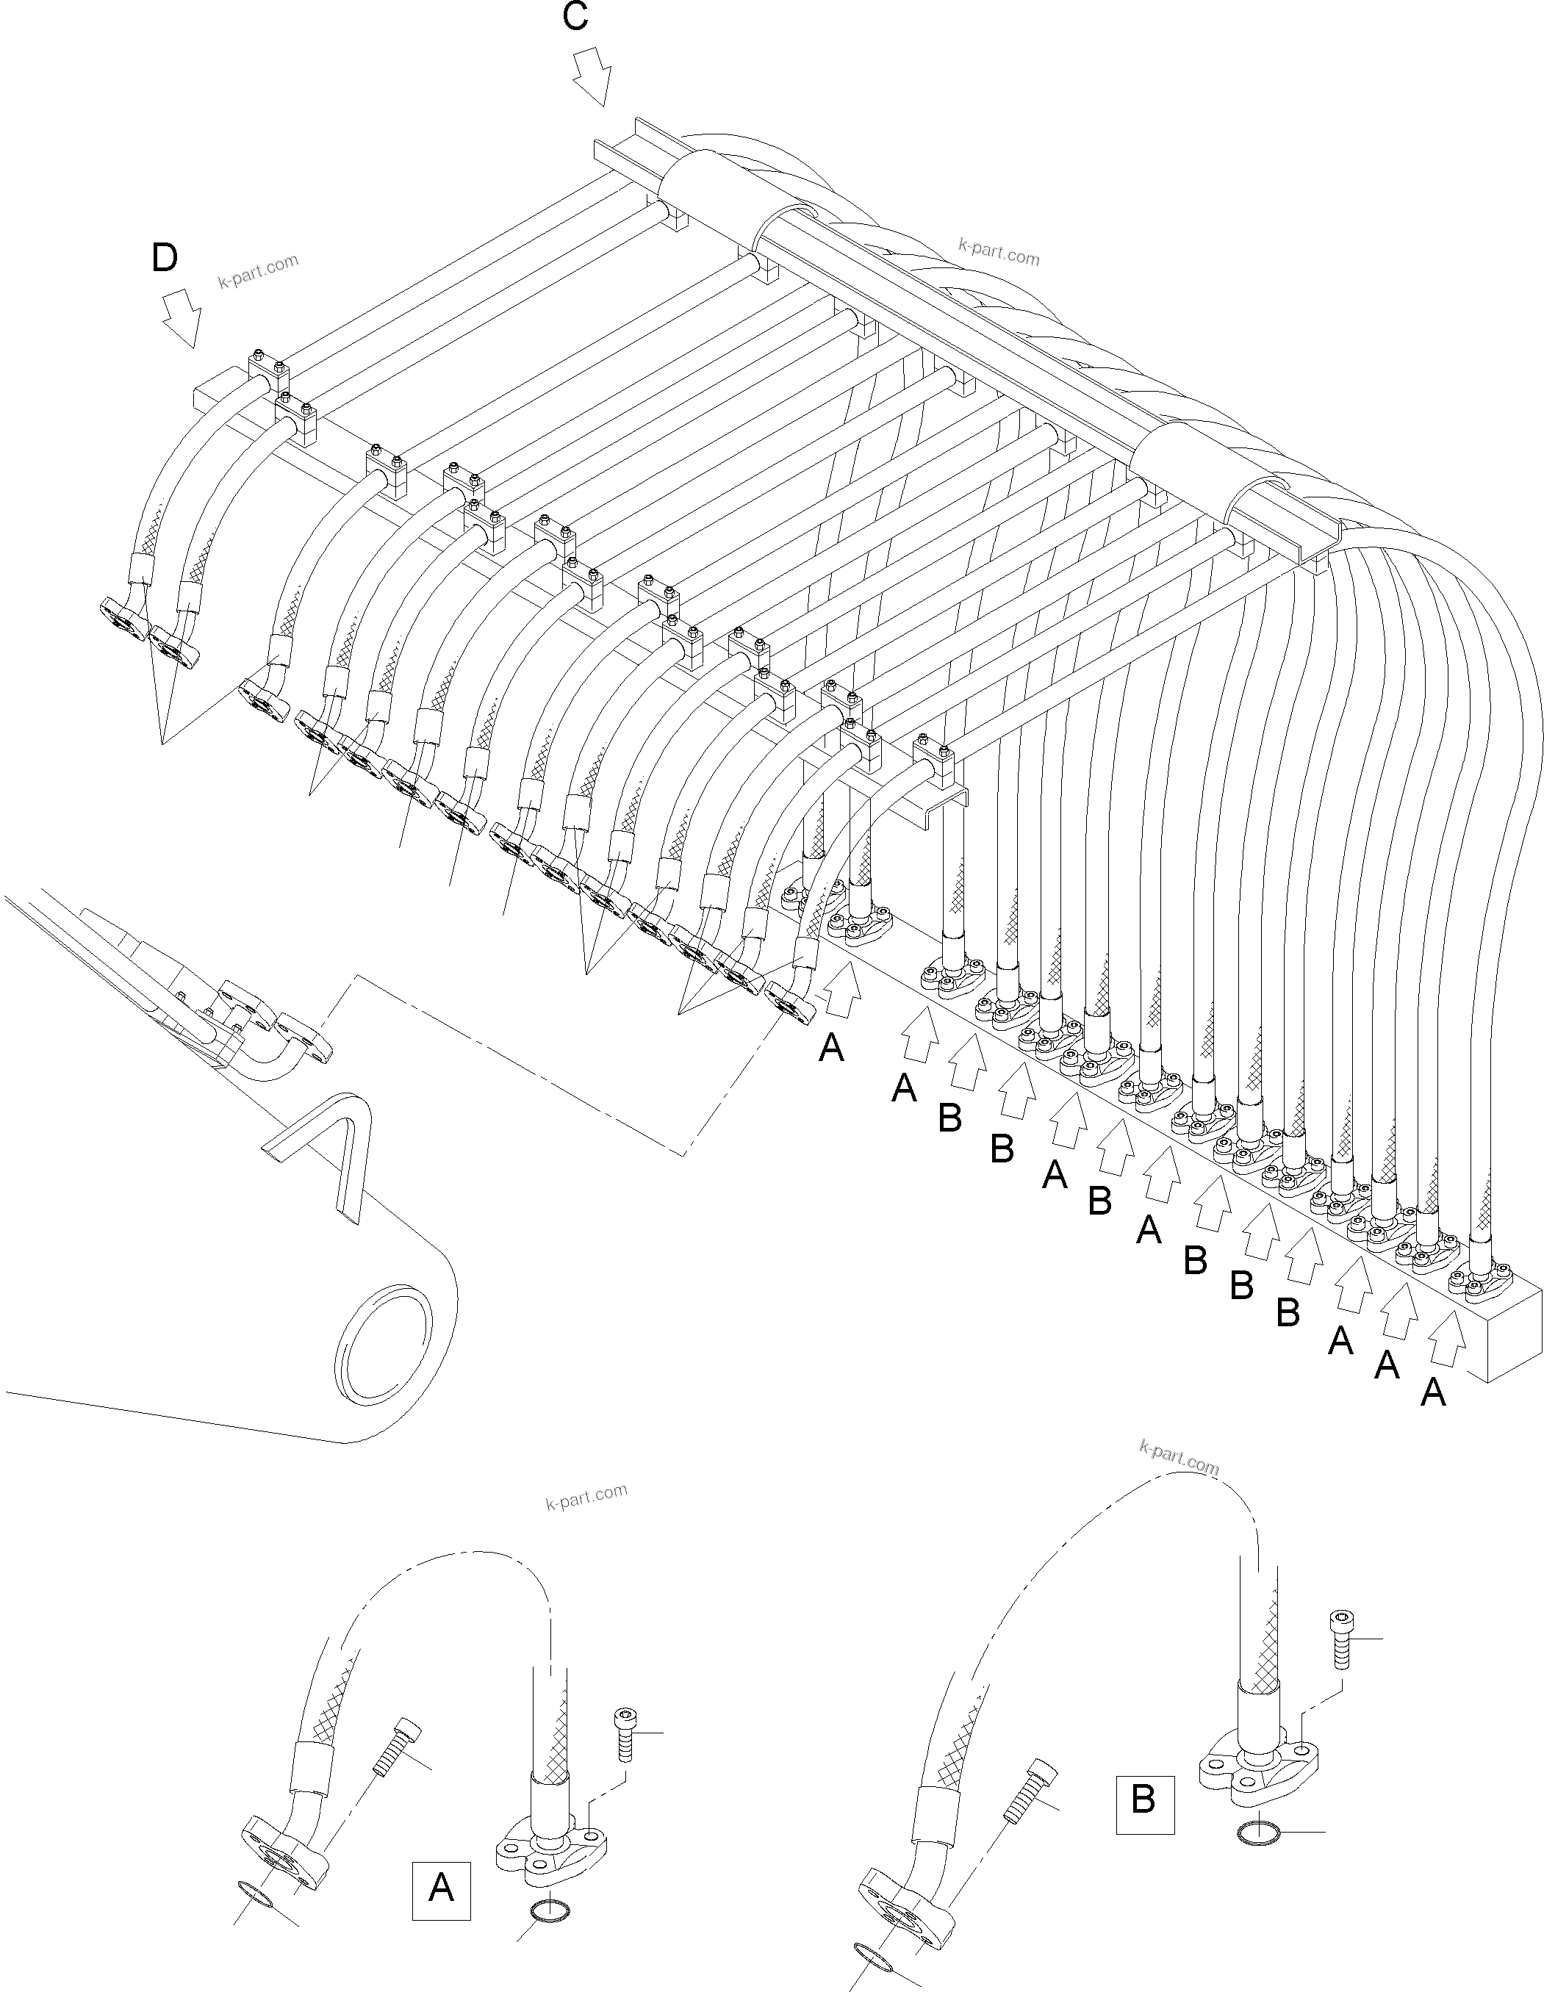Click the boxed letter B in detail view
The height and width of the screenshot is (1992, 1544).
click(x=1143, y=1799)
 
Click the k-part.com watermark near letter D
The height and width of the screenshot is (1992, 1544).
click(x=258, y=271)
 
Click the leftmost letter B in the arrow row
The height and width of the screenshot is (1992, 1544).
click(x=949, y=1118)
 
